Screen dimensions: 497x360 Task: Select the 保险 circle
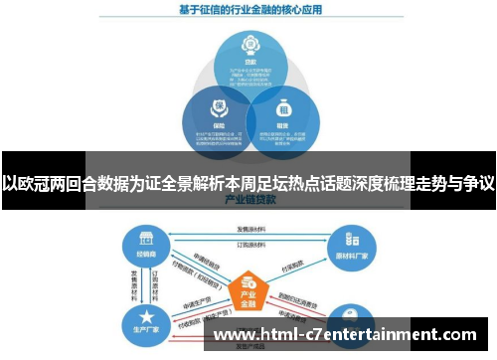point(215,119)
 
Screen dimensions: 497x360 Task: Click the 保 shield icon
point(215,107)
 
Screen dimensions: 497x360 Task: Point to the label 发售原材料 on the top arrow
point(248,229)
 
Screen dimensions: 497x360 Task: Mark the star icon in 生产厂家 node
point(139,312)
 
